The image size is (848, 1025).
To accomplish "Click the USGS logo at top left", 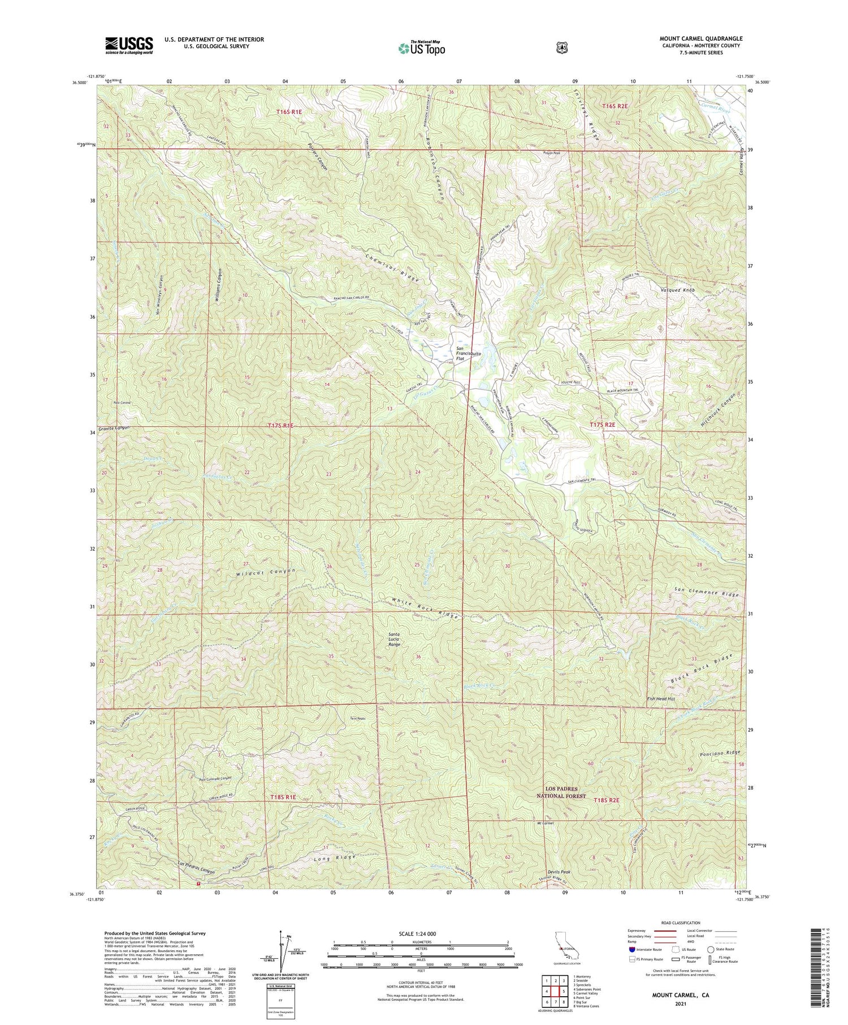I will (129, 45).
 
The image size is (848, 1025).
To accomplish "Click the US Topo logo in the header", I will (422, 49).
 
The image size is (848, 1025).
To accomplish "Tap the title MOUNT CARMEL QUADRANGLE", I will (701, 38).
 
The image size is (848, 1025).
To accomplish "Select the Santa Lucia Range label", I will (394, 639).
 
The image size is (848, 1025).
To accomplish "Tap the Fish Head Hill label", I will (661, 699).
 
